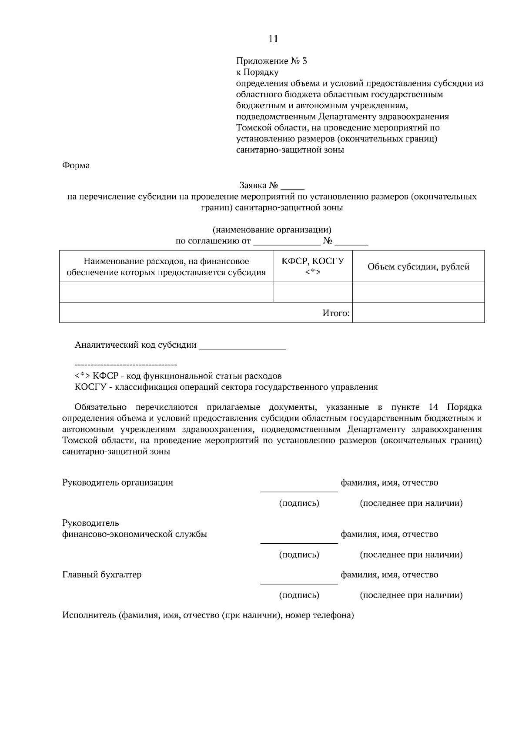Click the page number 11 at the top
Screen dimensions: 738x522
click(273, 39)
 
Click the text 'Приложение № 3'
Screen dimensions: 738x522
click(271, 61)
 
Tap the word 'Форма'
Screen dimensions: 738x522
click(76, 166)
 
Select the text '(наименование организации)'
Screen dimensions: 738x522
click(272, 229)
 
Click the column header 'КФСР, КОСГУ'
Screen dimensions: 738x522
click(312, 261)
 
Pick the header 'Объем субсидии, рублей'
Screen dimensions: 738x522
click(418, 267)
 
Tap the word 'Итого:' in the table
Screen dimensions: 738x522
click(336, 313)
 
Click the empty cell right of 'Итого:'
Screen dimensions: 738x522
click(418, 313)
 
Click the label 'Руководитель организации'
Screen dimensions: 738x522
click(117, 482)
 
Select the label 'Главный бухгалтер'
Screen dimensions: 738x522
click(102, 575)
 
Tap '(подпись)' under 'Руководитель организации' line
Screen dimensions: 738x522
click(299, 503)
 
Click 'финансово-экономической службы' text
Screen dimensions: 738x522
click(134, 534)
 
